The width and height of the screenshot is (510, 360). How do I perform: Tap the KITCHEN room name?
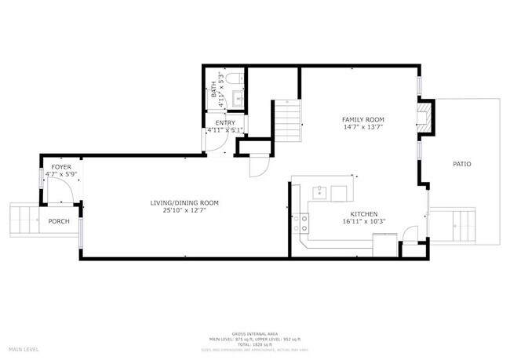coord(365,214)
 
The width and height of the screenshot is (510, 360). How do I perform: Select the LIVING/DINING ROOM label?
coord(184,203)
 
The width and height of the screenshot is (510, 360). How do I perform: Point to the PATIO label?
coord(462,164)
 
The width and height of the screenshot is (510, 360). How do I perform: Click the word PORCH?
coord(59,221)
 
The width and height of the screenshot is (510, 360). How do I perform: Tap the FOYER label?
coord(61,168)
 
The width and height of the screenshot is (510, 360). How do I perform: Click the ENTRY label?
coord(225,122)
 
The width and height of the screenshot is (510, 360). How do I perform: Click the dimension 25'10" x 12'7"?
coord(184,211)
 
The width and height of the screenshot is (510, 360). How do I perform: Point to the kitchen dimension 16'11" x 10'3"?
coord(365,222)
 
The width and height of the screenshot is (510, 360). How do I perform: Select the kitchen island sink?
coord(321,191)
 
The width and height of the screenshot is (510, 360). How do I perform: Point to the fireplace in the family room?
coord(424,117)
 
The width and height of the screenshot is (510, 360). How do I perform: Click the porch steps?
coord(23,220)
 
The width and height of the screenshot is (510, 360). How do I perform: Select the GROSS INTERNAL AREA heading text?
coord(255,333)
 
